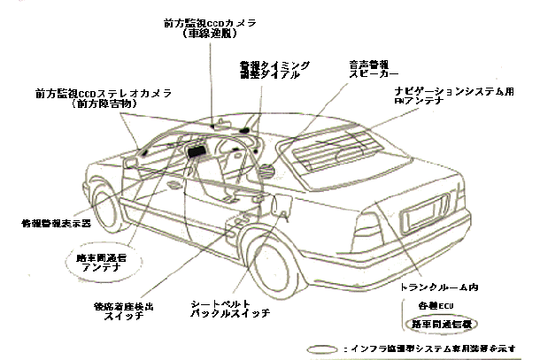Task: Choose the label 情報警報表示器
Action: click(x=55, y=224)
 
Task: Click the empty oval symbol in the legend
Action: click(x=326, y=349)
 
